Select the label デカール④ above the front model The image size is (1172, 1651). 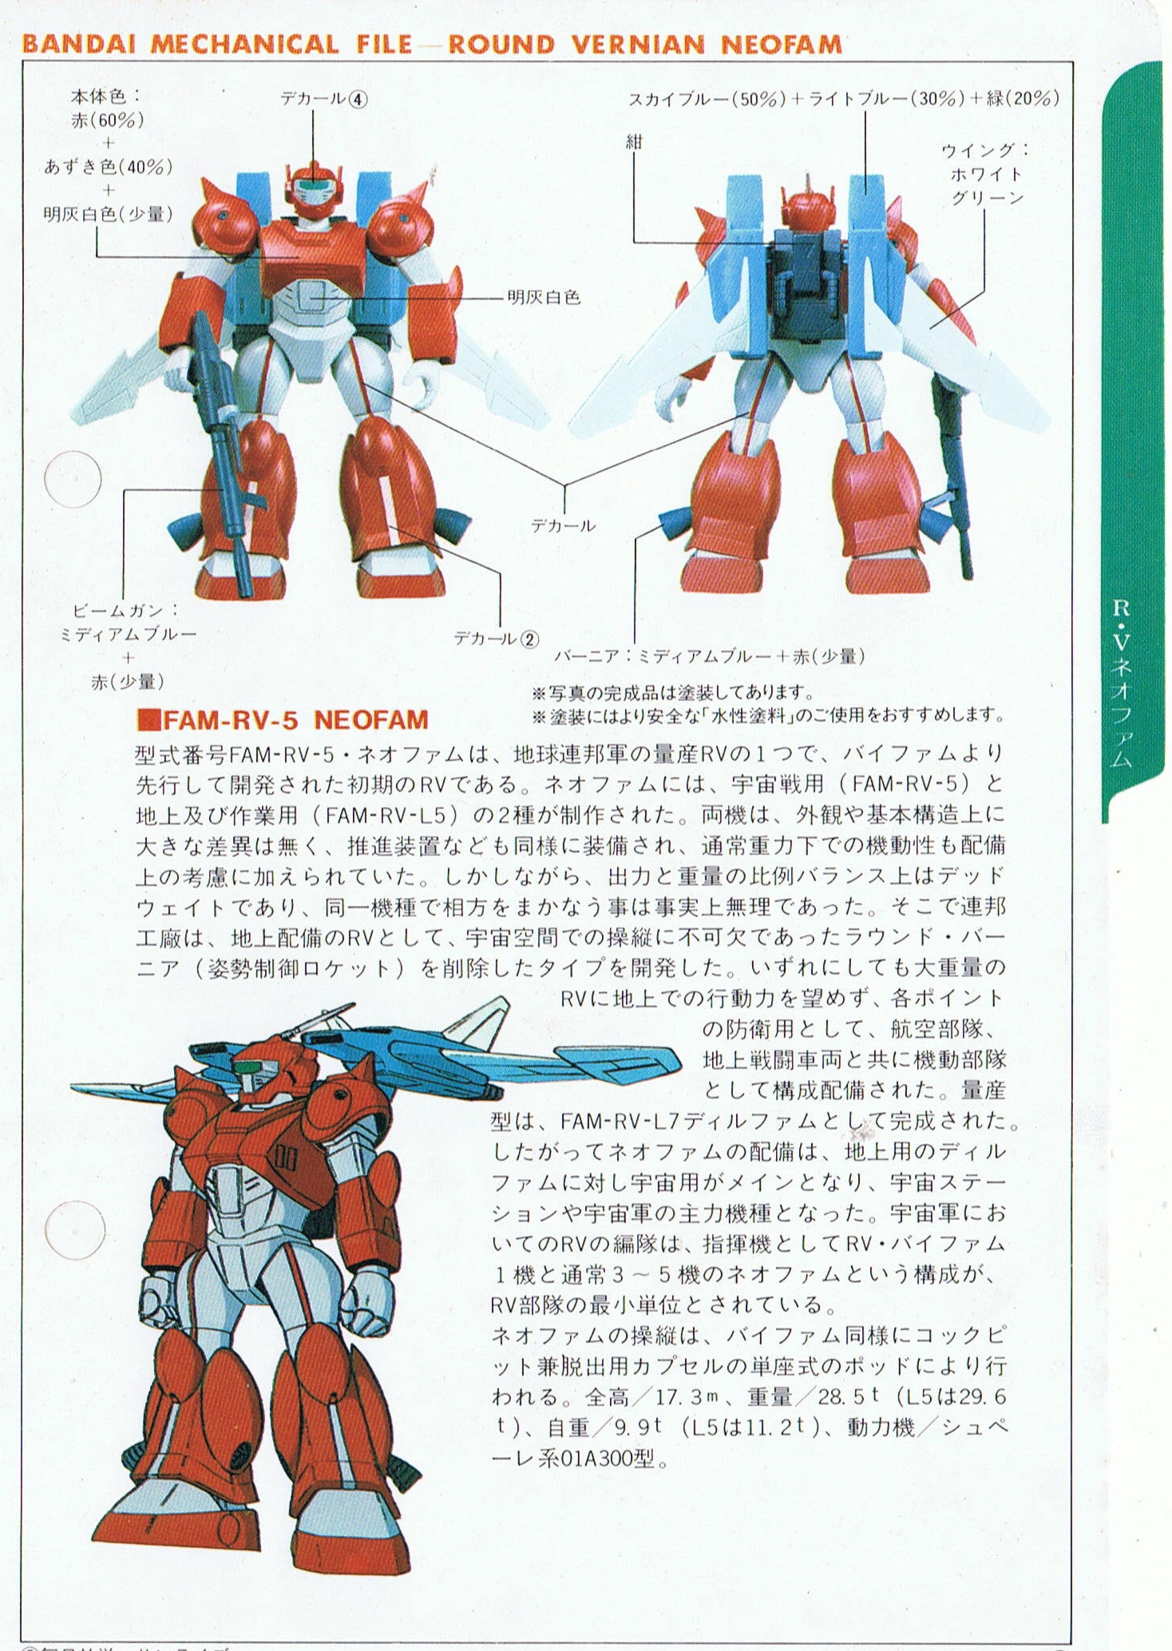323,98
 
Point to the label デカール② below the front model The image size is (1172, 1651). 496,639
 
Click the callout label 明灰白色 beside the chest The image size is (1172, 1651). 544,298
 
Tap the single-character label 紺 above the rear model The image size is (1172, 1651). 634,142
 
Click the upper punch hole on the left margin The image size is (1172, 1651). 73,479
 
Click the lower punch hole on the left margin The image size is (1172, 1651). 74,1230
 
